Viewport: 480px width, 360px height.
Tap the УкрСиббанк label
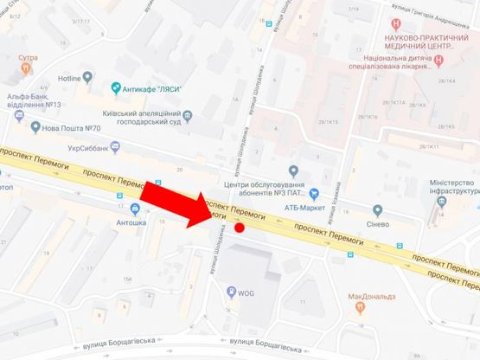(x=91, y=149)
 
